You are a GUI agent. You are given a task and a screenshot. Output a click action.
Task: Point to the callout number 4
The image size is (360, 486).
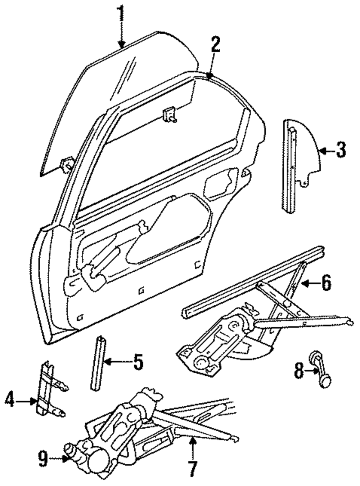(x=10, y=400)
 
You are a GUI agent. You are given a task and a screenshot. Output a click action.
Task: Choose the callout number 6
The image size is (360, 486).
(x=326, y=283)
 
